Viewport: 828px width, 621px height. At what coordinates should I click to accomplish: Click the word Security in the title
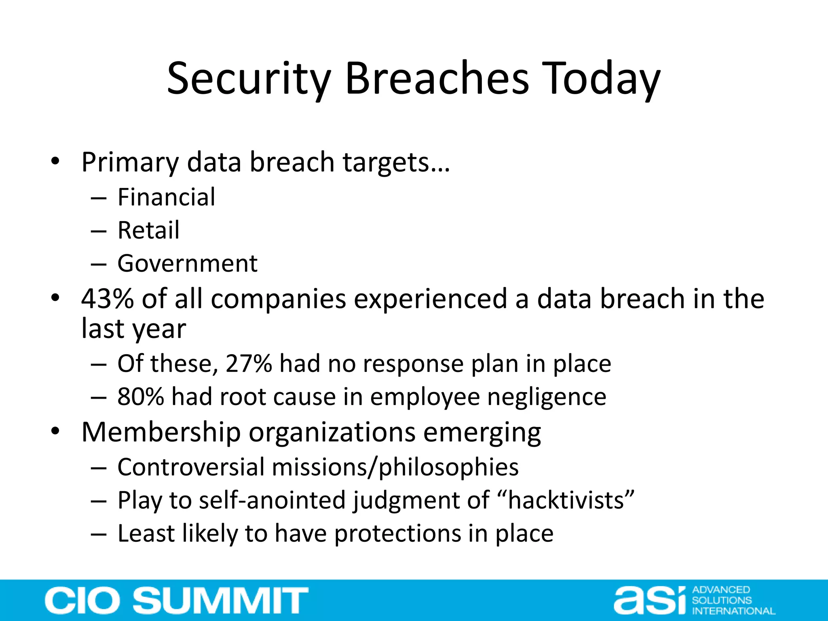(249, 79)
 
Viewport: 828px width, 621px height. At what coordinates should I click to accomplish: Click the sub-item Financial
(166, 197)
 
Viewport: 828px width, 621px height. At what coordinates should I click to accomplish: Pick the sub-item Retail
(148, 230)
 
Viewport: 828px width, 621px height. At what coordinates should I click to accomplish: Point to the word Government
(187, 264)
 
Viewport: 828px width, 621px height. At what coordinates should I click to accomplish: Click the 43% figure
(107, 299)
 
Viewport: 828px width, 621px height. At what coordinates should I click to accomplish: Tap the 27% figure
(249, 363)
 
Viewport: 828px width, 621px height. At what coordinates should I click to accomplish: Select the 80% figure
(141, 397)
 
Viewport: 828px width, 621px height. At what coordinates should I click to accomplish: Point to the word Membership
(161, 432)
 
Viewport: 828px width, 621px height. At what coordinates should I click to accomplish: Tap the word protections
(398, 534)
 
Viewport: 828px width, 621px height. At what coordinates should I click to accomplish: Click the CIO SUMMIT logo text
(177, 601)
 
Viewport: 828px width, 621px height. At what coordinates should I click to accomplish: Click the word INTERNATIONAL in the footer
(733, 611)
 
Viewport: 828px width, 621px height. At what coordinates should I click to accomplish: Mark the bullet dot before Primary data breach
(55, 162)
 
